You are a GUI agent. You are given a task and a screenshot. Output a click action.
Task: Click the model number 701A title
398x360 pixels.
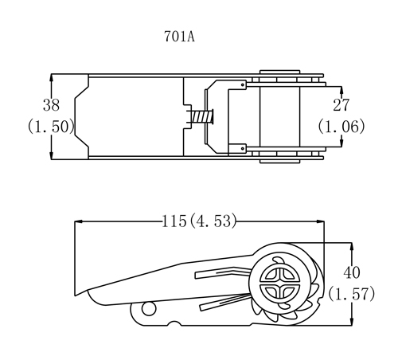179,37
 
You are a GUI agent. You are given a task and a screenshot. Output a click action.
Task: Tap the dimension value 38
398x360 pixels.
51,105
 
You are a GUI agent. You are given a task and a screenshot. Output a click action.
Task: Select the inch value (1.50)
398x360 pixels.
51,127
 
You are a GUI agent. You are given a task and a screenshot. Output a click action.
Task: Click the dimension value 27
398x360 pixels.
341,105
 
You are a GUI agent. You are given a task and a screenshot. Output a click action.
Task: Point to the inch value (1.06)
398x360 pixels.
341,127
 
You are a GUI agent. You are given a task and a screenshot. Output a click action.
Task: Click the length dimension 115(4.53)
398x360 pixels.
199,221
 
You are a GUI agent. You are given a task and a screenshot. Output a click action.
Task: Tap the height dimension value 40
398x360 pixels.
352,272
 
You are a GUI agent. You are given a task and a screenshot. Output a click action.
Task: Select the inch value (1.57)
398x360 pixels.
352,294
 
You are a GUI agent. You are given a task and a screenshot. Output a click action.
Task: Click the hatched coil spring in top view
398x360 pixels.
202,117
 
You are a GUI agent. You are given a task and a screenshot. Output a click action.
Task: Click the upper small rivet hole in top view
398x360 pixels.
243,85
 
